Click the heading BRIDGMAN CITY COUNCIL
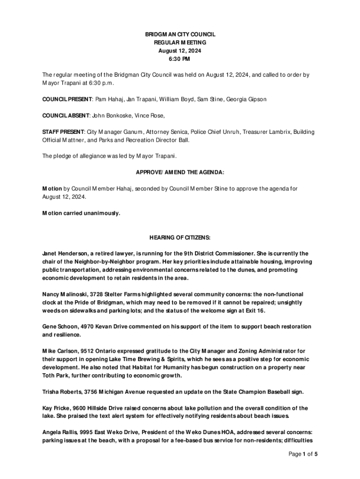click(180, 35)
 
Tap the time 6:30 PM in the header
click(180, 59)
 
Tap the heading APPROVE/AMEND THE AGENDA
click(180, 172)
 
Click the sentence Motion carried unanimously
click(81, 213)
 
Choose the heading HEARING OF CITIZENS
click(180, 238)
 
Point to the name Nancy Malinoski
click(64, 294)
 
